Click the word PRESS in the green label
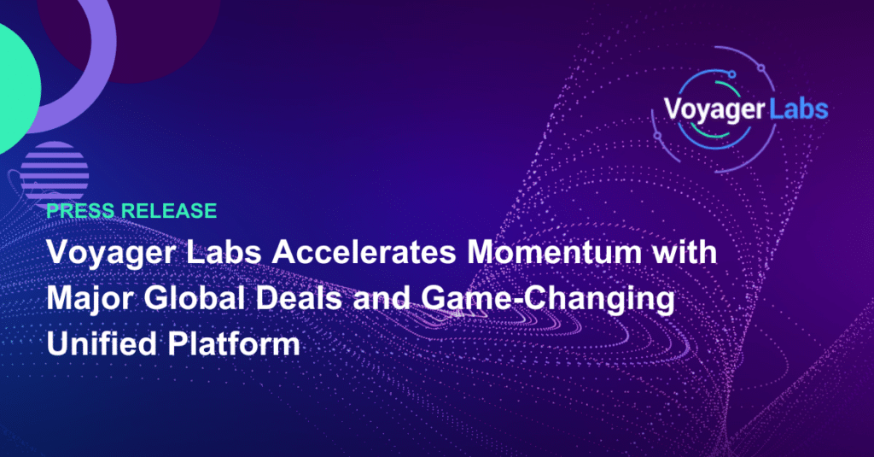(81, 210)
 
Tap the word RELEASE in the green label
(169, 210)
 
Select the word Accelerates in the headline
(364, 252)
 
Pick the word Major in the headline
(90, 298)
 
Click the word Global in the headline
(194, 298)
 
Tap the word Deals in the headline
(299, 298)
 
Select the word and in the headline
(382, 298)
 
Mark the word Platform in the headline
(234, 343)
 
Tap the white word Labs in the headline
(224, 252)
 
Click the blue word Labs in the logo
(798, 108)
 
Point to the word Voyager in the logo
(714, 110)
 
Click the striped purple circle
(54, 172)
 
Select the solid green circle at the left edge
(17, 90)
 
